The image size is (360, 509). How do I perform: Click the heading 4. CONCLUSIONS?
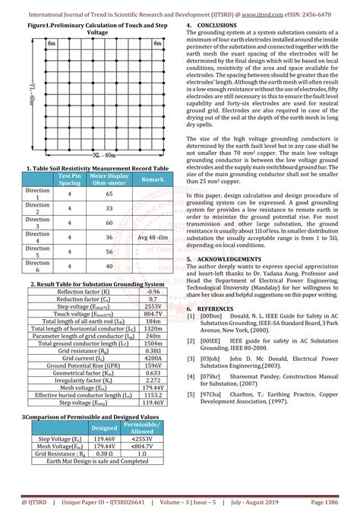pyautogui.click(x=216, y=25)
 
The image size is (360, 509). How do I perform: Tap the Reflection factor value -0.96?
pyautogui.click(x=153, y=291)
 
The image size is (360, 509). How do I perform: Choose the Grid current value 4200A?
pyautogui.click(x=153, y=356)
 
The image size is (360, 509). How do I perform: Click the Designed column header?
pyautogui.click(x=105, y=427)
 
